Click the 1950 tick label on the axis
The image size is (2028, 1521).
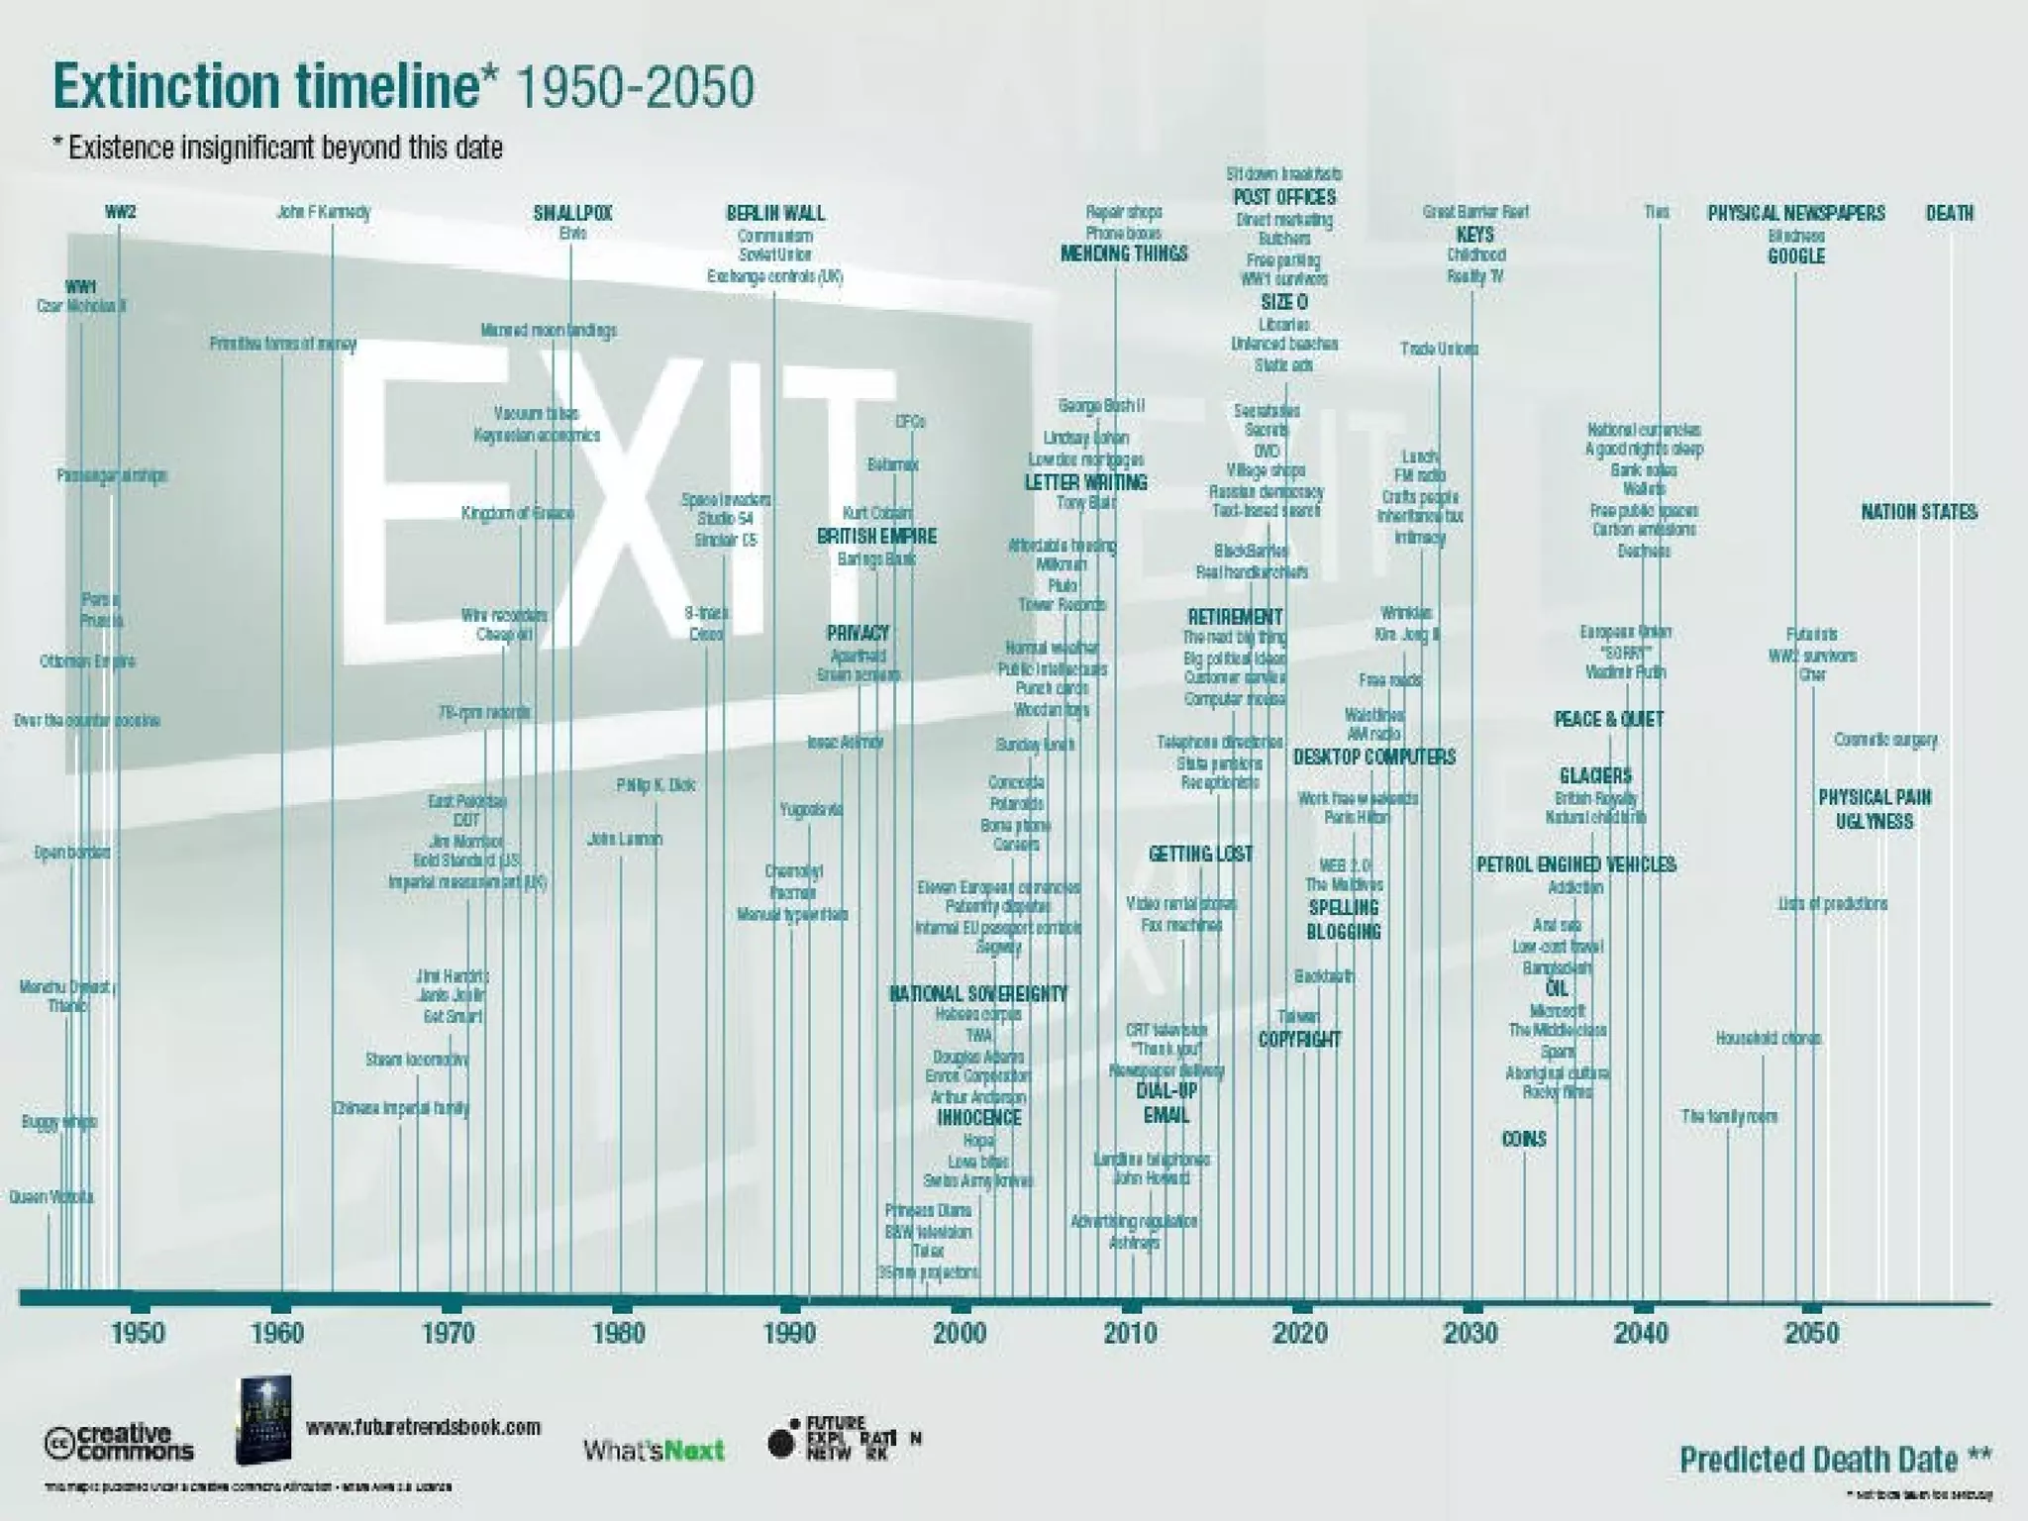(x=138, y=1333)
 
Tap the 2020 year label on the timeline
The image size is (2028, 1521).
(x=1300, y=1333)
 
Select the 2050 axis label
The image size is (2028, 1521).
(x=1811, y=1333)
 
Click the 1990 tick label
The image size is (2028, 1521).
(x=789, y=1333)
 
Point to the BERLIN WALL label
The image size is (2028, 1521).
(x=775, y=213)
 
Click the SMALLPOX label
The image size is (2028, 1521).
(x=572, y=213)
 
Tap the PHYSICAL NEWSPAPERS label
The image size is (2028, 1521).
(x=1795, y=213)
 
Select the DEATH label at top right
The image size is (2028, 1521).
(x=1949, y=213)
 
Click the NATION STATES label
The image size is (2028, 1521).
(x=1918, y=512)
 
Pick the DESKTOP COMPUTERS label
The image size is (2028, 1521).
(x=1373, y=758)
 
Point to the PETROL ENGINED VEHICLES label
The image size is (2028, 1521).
(x=1576, y=864)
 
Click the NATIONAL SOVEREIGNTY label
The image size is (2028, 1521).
(x=977, y=993)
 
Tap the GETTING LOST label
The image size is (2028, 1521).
(x=1200, y=854)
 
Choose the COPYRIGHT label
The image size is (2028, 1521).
(x=1299, y=1039)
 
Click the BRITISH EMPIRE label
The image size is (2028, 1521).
(x=876, y=537)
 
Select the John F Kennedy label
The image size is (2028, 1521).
(x=323, y=212)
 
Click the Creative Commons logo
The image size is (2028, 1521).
(x=119, y=1442)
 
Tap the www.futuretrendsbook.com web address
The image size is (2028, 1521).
(x=424, y=1427)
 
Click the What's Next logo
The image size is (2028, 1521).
(x=654, y=1450)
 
